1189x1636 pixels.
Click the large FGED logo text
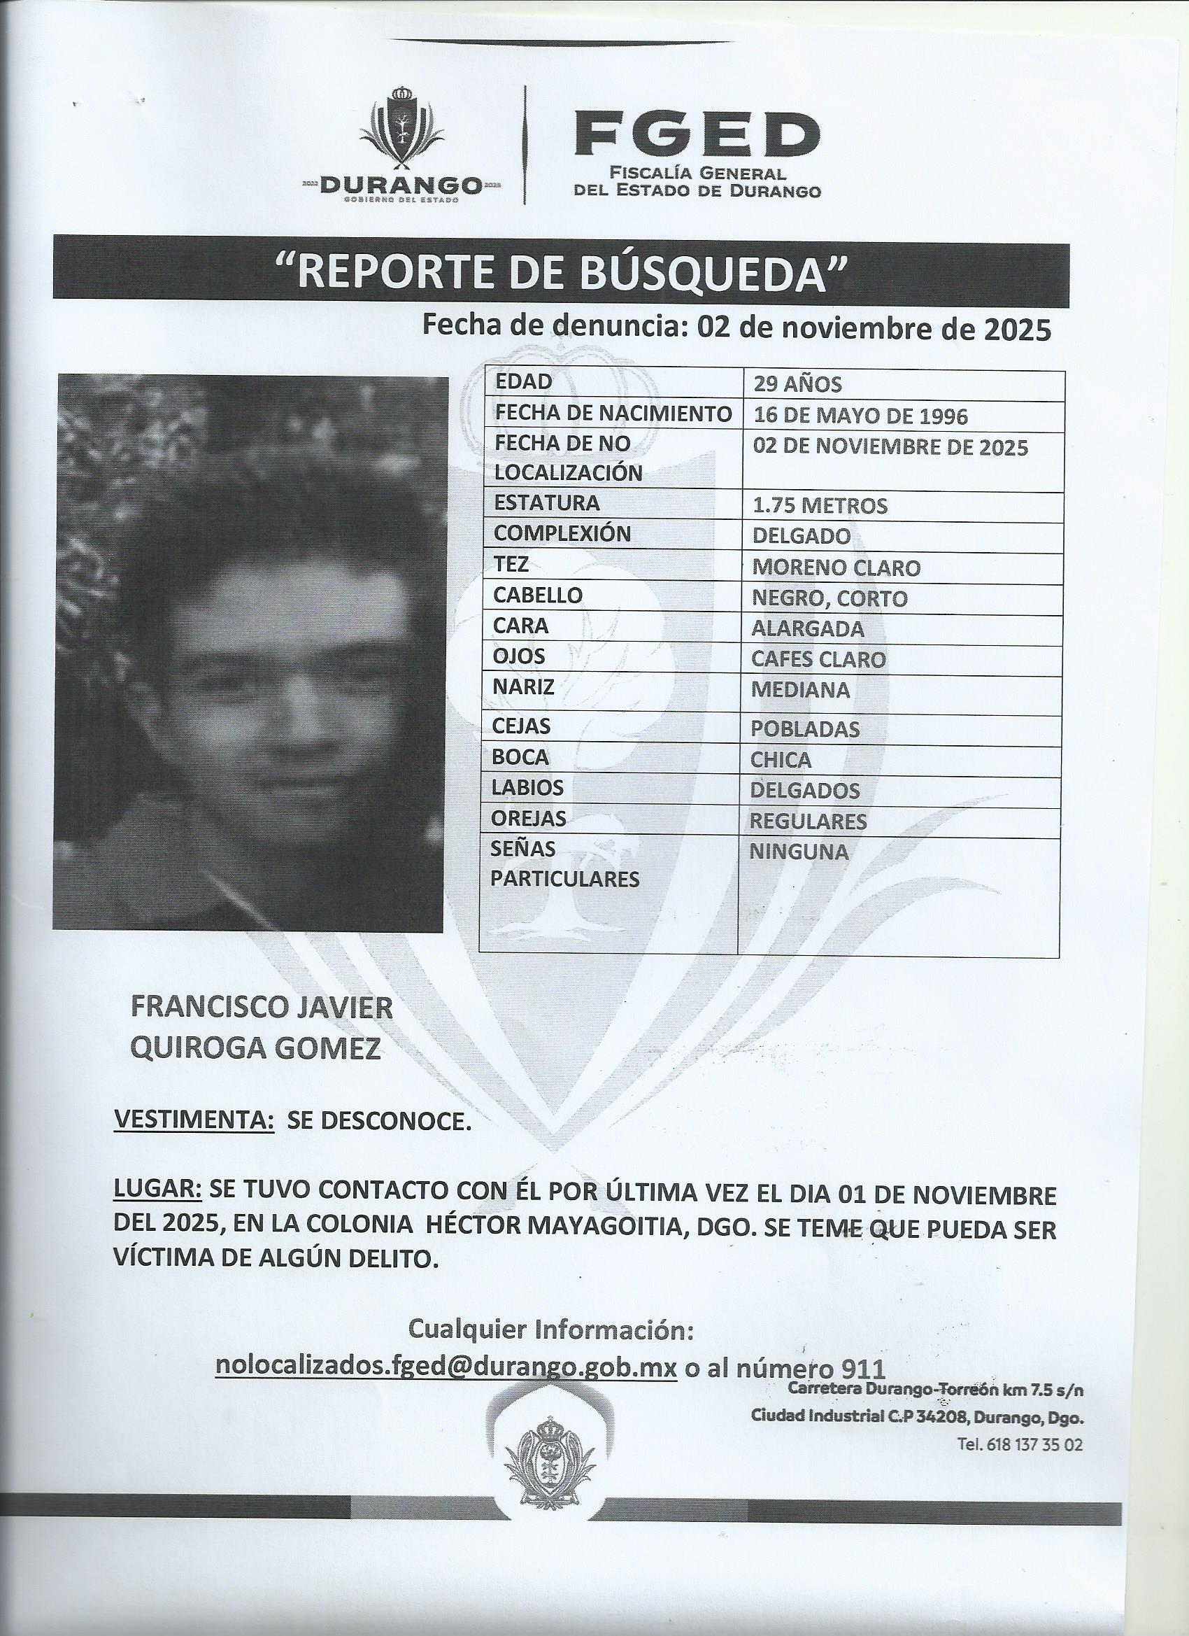[x=697, y=135]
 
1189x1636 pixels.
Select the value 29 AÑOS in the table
[x=797, y=383]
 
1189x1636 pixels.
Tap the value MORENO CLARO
[x=836, y=567]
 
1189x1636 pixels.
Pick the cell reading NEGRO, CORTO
[x=830, y=599]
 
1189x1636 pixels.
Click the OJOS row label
[x=518, y=656]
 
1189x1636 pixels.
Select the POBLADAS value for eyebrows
[x=805, y=729]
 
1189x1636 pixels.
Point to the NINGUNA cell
[x=798, y=852]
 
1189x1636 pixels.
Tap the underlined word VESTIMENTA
[x=194, y=1141]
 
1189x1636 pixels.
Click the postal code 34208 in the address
[x=937, y=1418]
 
